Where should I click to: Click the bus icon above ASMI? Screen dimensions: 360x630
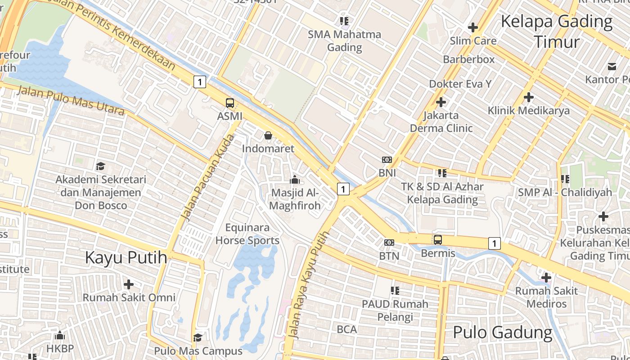tap(230, 103)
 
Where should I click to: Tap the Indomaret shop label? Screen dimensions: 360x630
tap(268, 148)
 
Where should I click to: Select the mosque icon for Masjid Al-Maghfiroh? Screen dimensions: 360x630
tap(295, 180)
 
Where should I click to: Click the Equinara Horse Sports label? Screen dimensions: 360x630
tap(247, 234)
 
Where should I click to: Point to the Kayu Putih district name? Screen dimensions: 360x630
tap(126, 258)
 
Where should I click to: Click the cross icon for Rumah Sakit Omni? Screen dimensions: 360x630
tap(129, 284)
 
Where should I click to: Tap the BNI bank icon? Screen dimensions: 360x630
tap(387, 160)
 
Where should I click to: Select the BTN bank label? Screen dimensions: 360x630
tap(389, 256)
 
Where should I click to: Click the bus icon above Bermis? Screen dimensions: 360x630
tap(438, 240)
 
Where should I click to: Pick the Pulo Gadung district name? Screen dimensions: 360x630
tap(503, 333)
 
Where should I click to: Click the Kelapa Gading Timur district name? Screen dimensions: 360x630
tap(557, 31)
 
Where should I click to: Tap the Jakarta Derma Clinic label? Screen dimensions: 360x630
tap(441, 121)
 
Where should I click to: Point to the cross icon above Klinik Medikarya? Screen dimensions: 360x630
tap(529, 97)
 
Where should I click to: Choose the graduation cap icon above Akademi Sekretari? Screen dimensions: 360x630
tap(100, 166)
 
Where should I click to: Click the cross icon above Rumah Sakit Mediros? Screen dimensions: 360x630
tap(546, 278)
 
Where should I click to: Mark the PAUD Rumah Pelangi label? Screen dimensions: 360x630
tap(395, 310)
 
